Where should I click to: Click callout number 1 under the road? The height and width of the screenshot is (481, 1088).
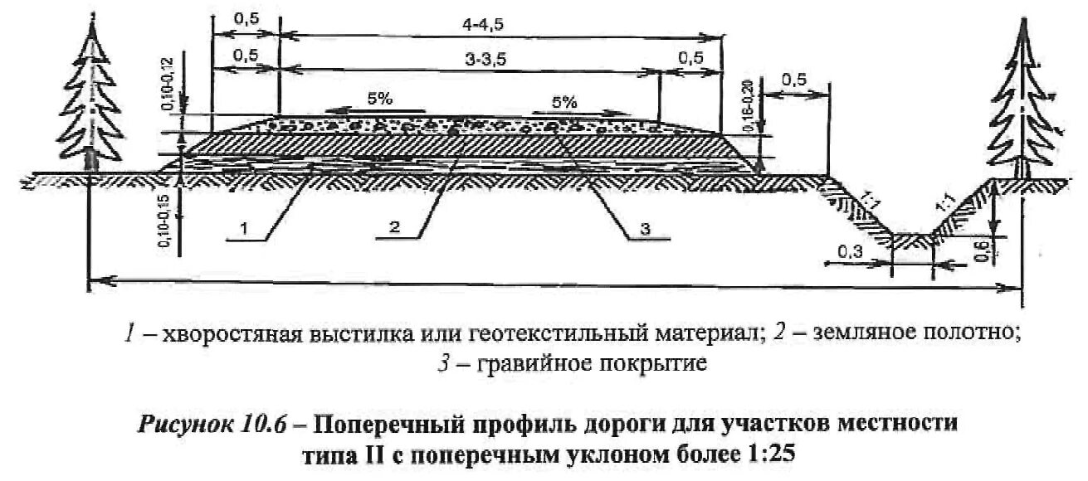(x=242, y=226)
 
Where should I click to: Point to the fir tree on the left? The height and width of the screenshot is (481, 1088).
(x=89, y=100)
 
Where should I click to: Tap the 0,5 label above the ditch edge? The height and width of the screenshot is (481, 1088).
(x=794, y=81)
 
